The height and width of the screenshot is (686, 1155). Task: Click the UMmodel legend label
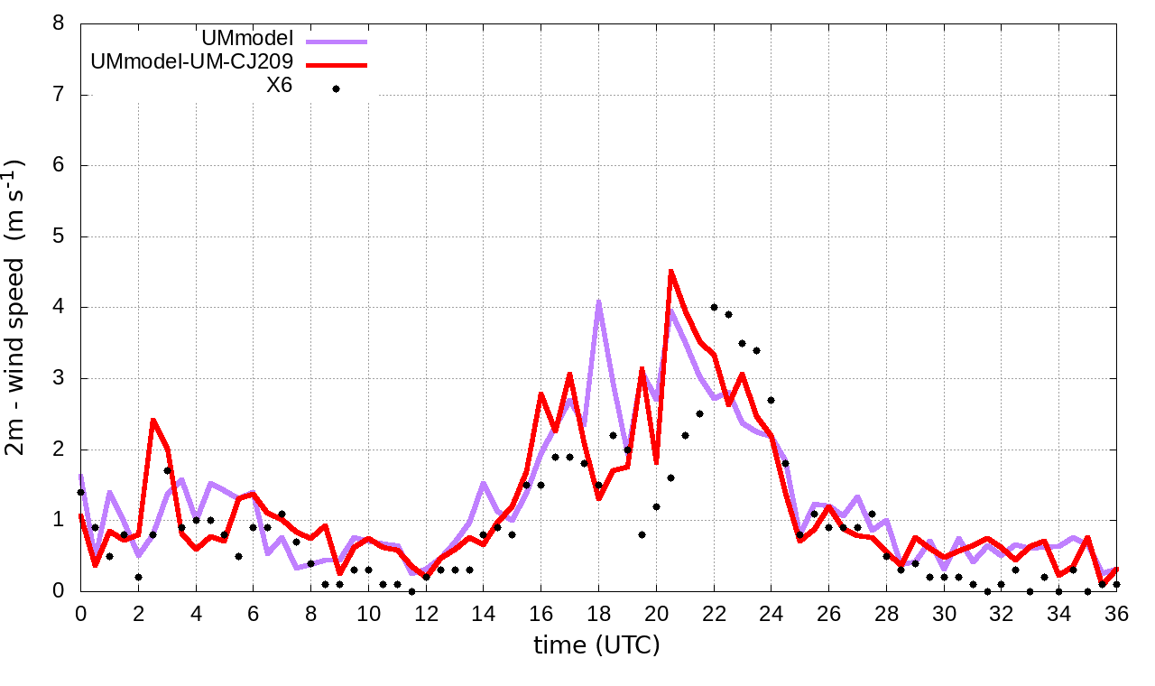pyautogui.click(x=250, y=40)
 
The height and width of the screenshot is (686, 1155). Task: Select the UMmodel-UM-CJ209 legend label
pyautogui.click(x=192, y=64)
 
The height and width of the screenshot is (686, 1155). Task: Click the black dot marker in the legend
pyautogui.click(x=336, y=88)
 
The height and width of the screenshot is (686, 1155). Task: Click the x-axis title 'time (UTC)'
pyautogui.click(x=596, y=645)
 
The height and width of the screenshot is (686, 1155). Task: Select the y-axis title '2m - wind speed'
pyautogui.click(x=17, y=307)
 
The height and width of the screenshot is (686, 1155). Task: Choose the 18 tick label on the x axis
pyautogui.click(x=598, y=613)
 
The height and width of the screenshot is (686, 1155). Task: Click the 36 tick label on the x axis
pyautogui.click(x=1116, y=613)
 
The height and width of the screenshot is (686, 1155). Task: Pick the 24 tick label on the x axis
pyautogui.click(x=771, y=613)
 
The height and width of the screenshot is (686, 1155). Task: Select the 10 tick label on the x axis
pyautogui.click(x=368, y=613)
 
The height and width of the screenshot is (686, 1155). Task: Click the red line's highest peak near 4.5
pyautogui.click(x=670, y=270)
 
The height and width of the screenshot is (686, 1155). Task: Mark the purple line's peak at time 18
pyautogui.click(x=598, y=301)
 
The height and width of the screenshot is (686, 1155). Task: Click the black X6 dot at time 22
pyautogui.click(x=714, y=308)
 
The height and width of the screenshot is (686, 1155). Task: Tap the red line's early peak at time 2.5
pyautogui.click(x=152, y=420)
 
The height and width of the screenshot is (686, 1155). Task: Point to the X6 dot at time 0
pyautogui.click(x=80, y=492)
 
